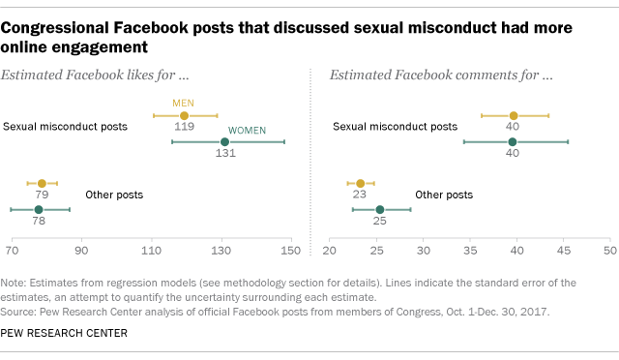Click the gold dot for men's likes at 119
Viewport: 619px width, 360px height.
[184, 115]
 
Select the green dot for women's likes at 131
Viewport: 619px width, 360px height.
[224, 141]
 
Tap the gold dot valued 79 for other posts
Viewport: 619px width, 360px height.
[42, 183]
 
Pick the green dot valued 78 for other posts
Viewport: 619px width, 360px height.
[39, 209]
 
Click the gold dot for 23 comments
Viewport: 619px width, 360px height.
[360, 183]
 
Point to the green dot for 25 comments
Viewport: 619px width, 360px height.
[379, 209]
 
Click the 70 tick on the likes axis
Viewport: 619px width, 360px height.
[13, 251]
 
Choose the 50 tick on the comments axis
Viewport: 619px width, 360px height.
[608, 251]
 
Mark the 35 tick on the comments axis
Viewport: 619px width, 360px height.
[469, 251]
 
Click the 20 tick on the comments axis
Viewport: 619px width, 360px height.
[330, 251]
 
